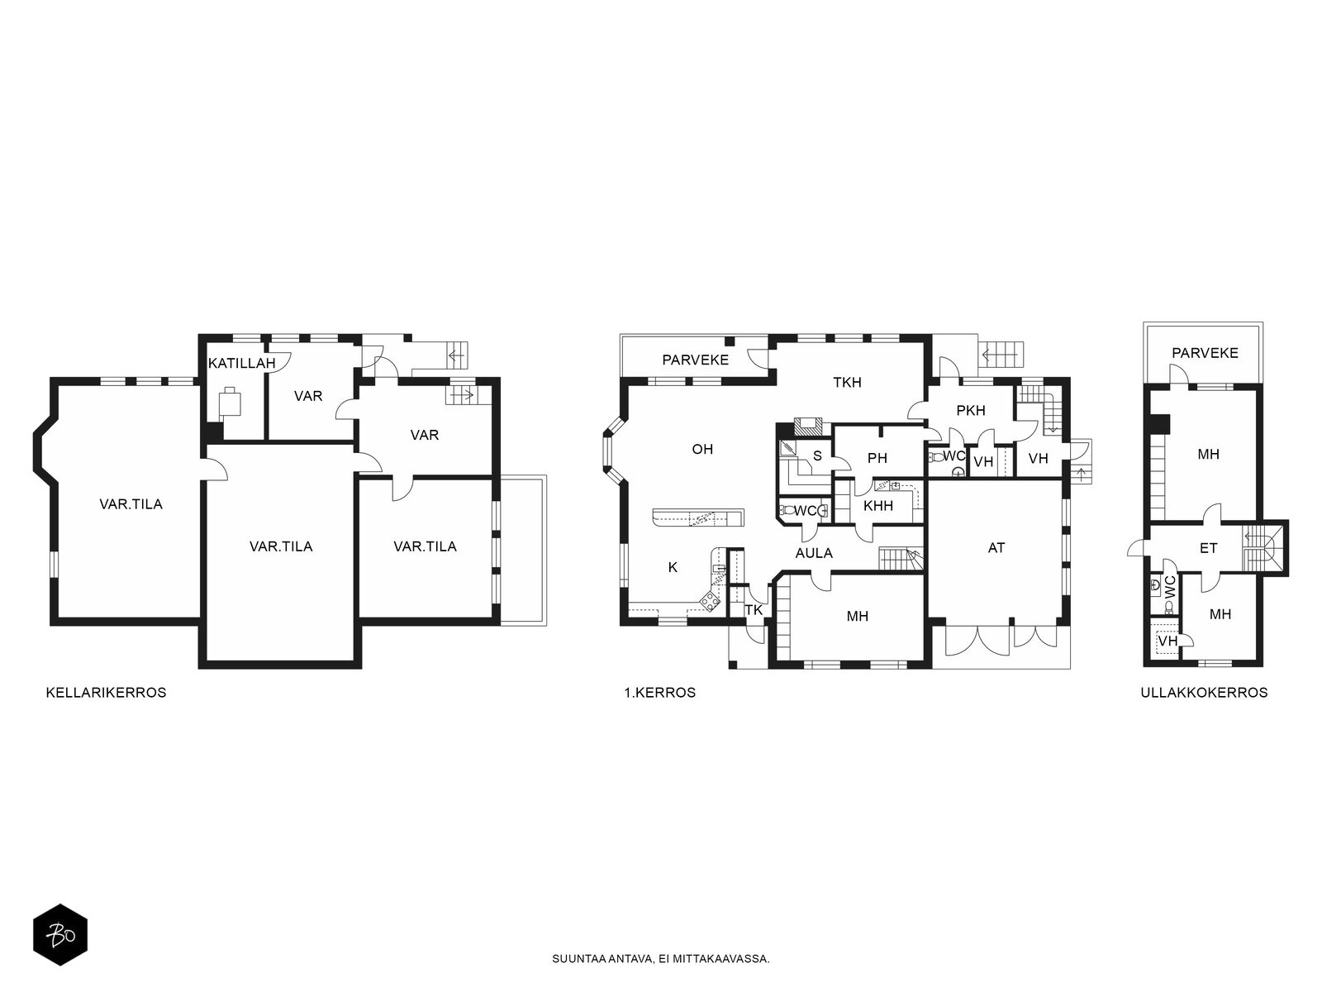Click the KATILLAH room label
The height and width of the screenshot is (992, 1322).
pyautogui.click(x=241, y=363)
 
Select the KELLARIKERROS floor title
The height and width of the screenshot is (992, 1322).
pyautogui.click(x=106, y=693)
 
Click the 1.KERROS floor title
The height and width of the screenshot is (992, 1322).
pyautogui.click(x=659, y=693)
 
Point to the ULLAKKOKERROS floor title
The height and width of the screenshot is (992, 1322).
pyautogui.click(x=1204, y=693)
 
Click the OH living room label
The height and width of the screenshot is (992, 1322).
pyautogui.click(x=702, y=450)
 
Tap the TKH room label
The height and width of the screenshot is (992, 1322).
pyautogui.click(x=848, y=383)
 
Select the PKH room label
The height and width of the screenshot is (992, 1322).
pyautogui.click(x=971, y=411)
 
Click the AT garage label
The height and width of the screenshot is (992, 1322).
pyautogui.click(x=996, y=548)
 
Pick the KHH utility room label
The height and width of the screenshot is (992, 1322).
pyautogui.click(x=878, y=506)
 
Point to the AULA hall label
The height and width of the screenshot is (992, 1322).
pyautogui.click(x=815, y=554)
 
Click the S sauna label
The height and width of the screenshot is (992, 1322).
pyautogui.click(x=817, y=456)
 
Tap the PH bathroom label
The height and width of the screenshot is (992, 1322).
pyautogui.click(x=877, y=458)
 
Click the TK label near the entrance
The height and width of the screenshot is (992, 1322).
pyautogui.click(x=754, y=610)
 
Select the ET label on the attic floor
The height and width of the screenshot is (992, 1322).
pyautogui.click(x=1208, y=549)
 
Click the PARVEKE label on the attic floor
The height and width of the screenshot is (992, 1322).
pyautogui.click(x=1205, y=353)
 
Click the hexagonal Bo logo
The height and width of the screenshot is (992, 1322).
pyautogui.click(x=60, y=935)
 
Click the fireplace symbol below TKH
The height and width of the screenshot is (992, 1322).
pyautogui.click(x=806, y=427)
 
